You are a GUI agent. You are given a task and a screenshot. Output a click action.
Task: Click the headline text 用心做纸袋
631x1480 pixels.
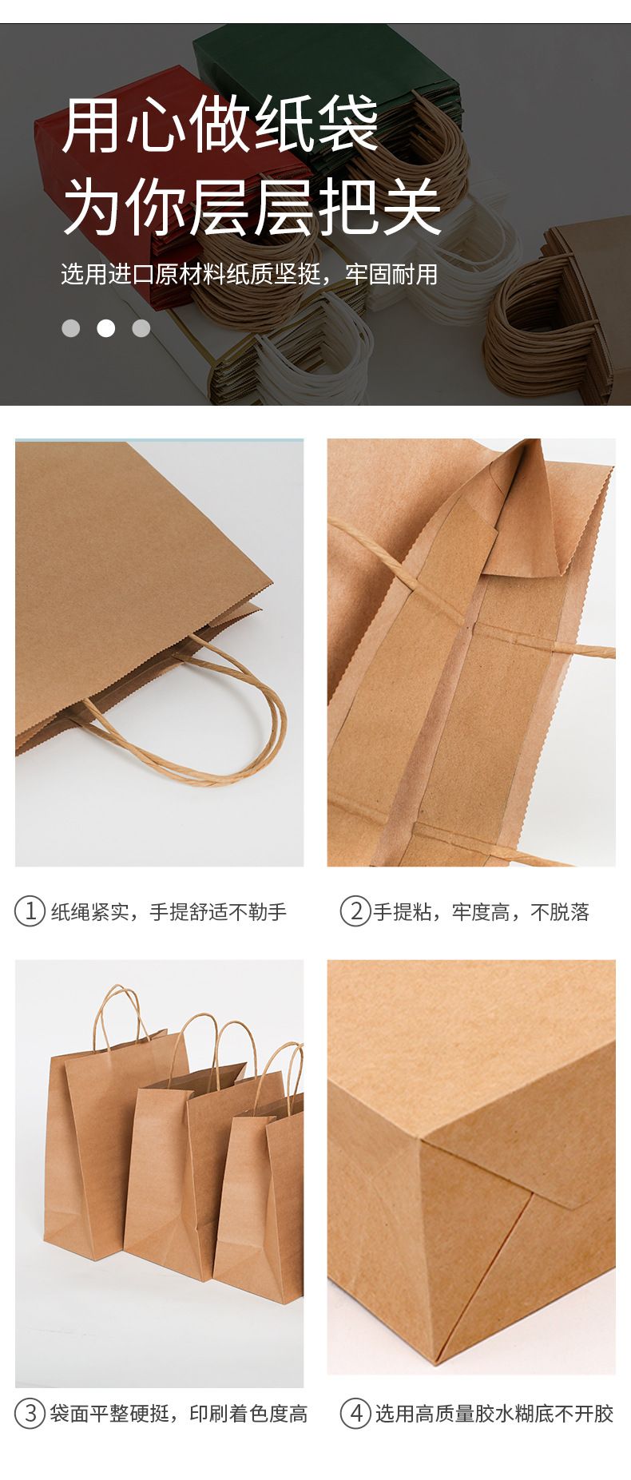220,123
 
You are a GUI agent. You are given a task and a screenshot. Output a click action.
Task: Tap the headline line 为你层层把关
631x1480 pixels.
252,206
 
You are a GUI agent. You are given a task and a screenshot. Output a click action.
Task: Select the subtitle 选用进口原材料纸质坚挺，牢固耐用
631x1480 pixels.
249,274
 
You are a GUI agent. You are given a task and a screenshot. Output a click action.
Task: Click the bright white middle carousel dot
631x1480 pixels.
106,328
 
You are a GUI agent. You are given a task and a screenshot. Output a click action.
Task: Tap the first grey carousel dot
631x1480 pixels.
71,328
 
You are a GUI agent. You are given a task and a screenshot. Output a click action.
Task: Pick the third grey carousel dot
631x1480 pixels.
141,328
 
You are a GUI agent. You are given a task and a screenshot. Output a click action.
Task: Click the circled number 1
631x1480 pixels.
30,911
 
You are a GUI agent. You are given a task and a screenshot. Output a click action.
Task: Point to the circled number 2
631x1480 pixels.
355,911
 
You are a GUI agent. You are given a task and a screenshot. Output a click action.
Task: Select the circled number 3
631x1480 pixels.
30,1414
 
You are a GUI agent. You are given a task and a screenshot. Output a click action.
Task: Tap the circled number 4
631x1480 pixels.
355,1414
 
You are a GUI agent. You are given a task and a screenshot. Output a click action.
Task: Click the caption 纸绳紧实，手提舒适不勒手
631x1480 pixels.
169,912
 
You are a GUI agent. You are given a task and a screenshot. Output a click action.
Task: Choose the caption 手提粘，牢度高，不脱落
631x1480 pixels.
482,912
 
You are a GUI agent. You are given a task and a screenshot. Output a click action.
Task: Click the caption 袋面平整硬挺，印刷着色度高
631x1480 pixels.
178,1415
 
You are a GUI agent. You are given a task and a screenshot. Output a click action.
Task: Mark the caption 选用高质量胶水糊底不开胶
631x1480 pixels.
494,1415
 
